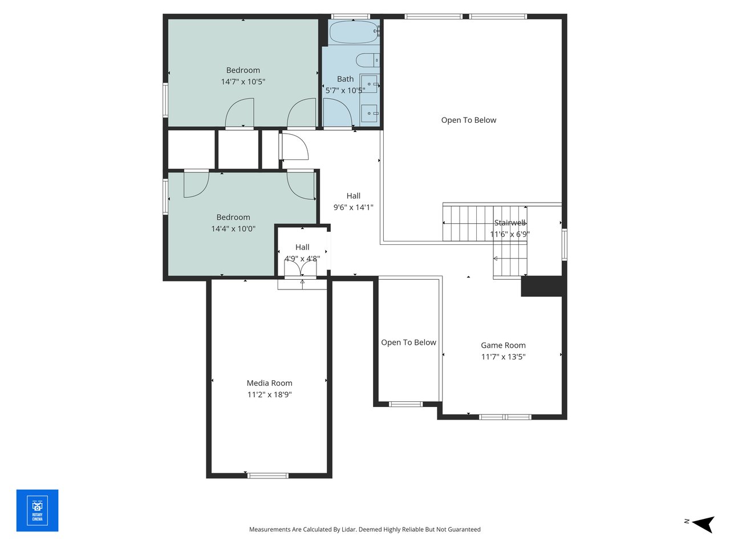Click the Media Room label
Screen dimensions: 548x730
coord(269,383)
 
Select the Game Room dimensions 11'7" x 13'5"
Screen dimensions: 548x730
coord(503,357)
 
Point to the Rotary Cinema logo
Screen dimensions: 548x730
coord(37,510)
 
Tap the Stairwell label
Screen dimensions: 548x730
coord(510,223)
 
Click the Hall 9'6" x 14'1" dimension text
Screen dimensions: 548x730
coord(353,207)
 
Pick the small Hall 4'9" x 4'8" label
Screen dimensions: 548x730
coord(302,247)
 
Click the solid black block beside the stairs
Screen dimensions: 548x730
coord(542,287)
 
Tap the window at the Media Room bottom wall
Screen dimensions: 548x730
coord(267,475)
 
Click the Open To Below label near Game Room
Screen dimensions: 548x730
coord(408,342)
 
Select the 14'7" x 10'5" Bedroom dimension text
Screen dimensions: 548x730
coord(243,82)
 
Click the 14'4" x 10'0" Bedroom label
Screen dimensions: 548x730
coord(233,217)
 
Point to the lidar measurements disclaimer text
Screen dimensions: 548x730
coord(364,529)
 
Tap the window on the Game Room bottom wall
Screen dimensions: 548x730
coord(505,417)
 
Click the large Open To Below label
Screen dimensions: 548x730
coord(468,120)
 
